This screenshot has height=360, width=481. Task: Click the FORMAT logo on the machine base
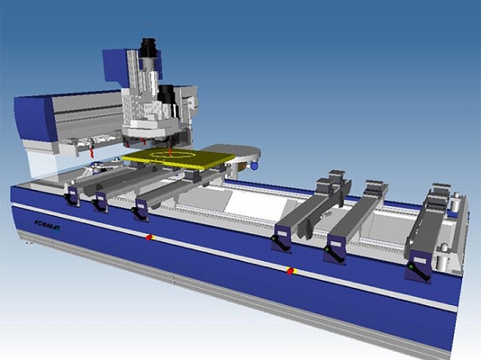(48, 225)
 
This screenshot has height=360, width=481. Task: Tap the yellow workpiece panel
(178, 158)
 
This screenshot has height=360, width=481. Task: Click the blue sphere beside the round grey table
(254, 166)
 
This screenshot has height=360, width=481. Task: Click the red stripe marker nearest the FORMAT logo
(150, 237)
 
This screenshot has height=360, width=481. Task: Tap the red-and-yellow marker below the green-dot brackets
(290, 271)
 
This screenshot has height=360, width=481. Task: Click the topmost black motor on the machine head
(149, 48)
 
